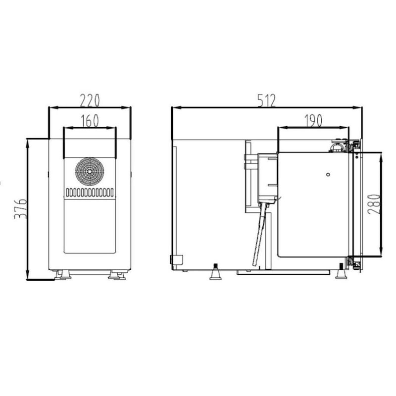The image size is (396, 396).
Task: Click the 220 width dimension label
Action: point(90,100)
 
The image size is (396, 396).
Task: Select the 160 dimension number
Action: point(90,121)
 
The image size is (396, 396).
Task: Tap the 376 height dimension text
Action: point(20,209)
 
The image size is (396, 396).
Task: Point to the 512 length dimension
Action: point(266,100)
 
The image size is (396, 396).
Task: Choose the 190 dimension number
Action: point(313,120)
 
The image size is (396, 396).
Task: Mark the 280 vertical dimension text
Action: point(374,204)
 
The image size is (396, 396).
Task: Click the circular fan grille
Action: point(90,172)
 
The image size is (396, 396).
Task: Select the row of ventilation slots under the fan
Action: point(90,193)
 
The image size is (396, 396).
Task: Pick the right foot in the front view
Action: point(117,275)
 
